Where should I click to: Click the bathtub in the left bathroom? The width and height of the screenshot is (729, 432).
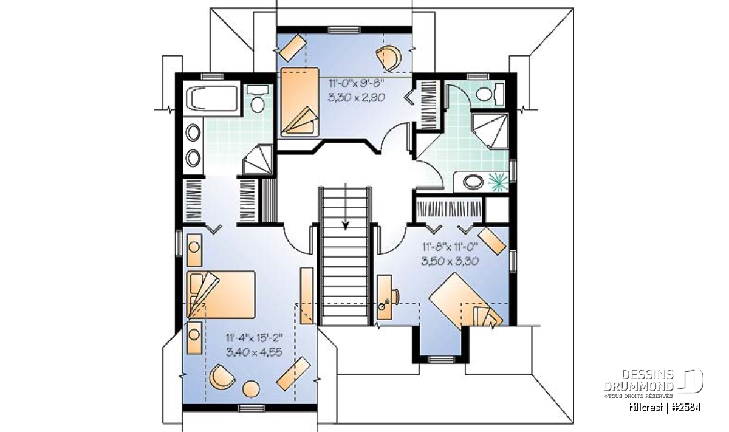pyautogui.click(x=211, y=98)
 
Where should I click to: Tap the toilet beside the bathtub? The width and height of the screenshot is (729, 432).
pyautogui.click(x=258, y=98)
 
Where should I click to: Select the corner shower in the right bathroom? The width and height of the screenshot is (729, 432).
pyautogui.click(x=490, y=131)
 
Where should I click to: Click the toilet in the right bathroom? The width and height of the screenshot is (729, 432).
pyautogui.click(x=490, y=94)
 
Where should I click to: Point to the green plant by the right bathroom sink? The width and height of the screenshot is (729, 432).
pyautogui.click(x=499, y=182)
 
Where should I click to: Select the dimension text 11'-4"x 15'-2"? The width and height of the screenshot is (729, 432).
pyautogui.click(x=254, y=338)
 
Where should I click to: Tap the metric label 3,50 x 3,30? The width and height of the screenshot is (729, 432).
pyautogui.click(x=450, y=261)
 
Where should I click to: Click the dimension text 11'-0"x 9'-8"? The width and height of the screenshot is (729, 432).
pyautogui.click(x=357, y=83)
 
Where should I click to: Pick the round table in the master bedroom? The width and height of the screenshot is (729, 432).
pyautogui.click(x=252, y=389)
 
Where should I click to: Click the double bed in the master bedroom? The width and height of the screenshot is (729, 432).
pyautogui.click(x=221, y=294)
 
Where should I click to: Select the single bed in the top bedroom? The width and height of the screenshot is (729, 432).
pyautogui.click(x=299, y=102)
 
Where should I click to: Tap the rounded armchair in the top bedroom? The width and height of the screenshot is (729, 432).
pyautogui.click(x=389, y=58)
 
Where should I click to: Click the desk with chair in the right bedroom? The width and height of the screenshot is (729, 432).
pyautogui.click(x=388, y=297)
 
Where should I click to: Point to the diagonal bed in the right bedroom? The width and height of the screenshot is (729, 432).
pyautogui.click(x=467, y=302)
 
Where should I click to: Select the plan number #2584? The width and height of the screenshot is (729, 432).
pyautogui.click(x=686, y=408)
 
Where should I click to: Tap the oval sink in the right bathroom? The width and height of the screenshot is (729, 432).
pyautogui.click(x=473, y=182)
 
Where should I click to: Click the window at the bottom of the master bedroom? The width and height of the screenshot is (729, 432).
pyautogui.click(x=252, y=408)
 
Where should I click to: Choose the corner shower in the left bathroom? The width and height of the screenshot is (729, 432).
pyautogui.click(x=258, y=160)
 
